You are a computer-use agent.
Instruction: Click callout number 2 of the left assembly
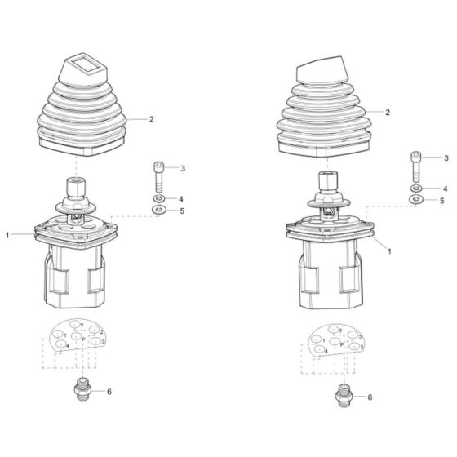click(x=151, y=119)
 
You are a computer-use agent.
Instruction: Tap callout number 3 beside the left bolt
click(x=183, y=168)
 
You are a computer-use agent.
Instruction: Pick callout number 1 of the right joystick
click(x=390, y=251)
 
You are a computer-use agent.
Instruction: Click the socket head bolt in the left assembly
click(x=158, y=176)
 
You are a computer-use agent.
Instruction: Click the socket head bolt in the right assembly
click(x=416, y=166)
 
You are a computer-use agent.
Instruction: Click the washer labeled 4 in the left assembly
click(x=158, y=199)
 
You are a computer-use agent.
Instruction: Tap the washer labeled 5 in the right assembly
click(x=416, y=198)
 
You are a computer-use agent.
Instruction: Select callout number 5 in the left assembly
click(x=183, y=211)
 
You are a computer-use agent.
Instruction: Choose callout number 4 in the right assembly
click(x=445, y=188)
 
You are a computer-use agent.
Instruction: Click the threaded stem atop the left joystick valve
click(x=74, y=186)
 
